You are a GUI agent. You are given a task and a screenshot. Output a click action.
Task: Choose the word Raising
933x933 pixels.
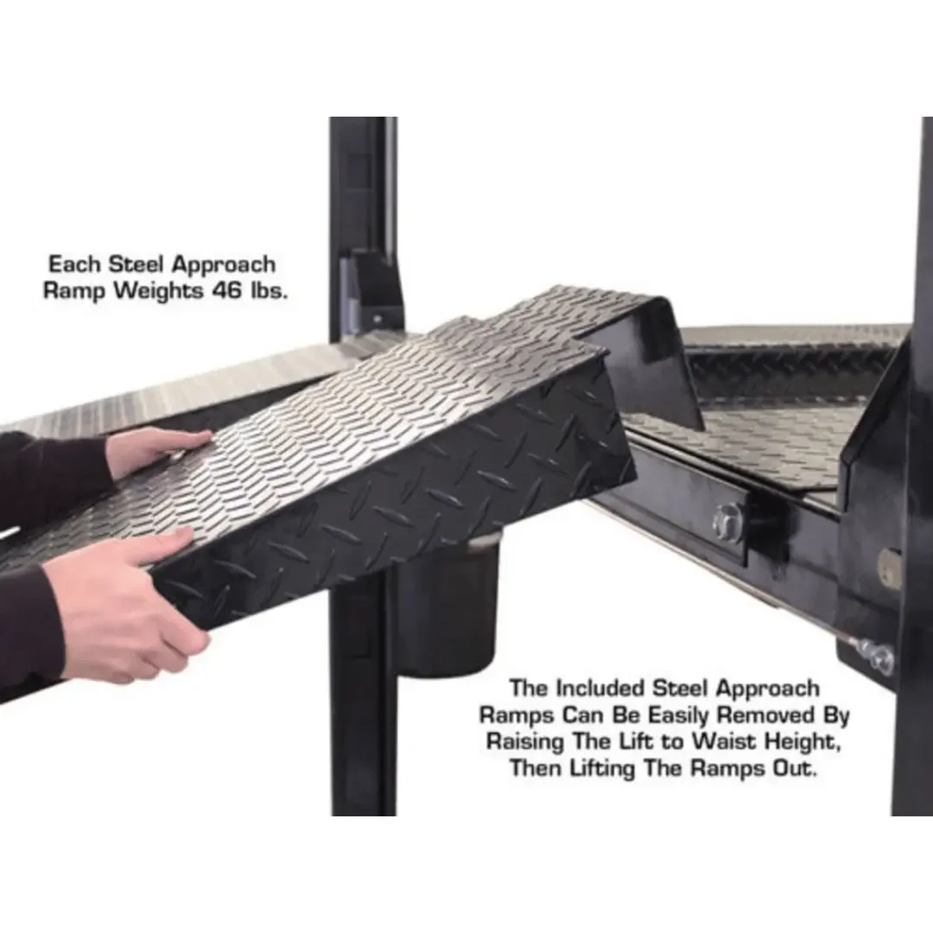click(526, 742)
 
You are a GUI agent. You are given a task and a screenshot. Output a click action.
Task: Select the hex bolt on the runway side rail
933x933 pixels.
click(728, 520)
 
